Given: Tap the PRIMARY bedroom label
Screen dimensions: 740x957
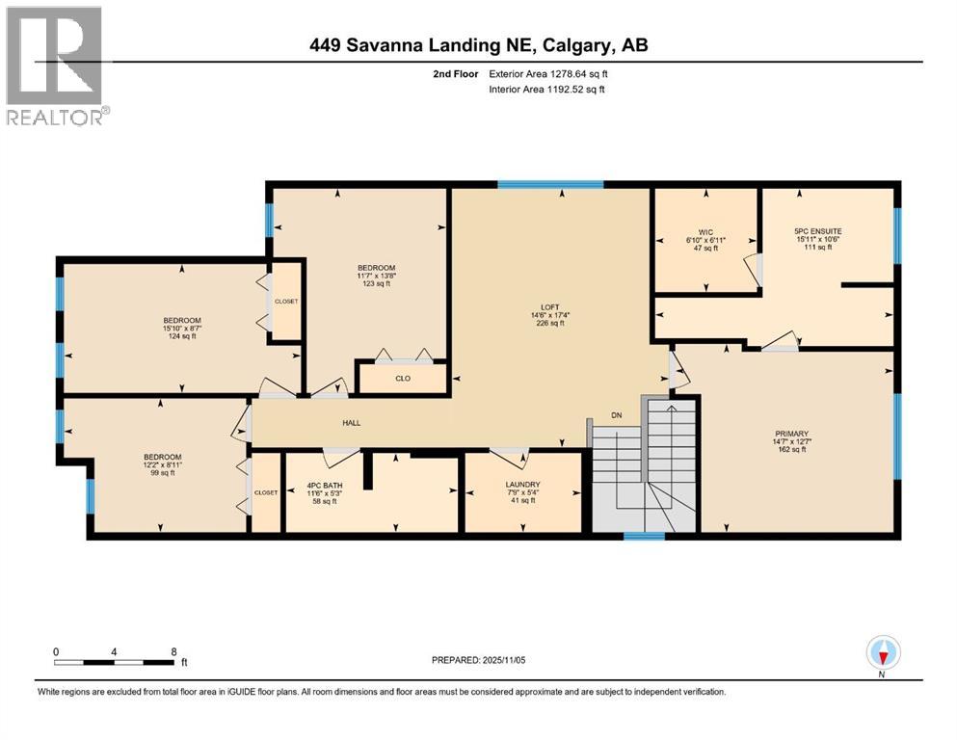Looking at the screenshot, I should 790,434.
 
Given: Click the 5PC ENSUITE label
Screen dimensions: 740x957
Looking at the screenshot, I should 817,231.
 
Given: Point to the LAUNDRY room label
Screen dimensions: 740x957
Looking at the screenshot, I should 521,485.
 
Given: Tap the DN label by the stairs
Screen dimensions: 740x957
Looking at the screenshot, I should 619,415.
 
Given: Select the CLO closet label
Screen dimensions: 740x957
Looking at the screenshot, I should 403,378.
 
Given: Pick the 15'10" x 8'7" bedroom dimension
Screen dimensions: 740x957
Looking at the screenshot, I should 181,328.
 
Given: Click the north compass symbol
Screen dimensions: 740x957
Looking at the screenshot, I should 883,654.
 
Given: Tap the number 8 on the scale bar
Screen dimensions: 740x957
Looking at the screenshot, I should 173,651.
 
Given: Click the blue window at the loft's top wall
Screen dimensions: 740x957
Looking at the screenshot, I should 550,184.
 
